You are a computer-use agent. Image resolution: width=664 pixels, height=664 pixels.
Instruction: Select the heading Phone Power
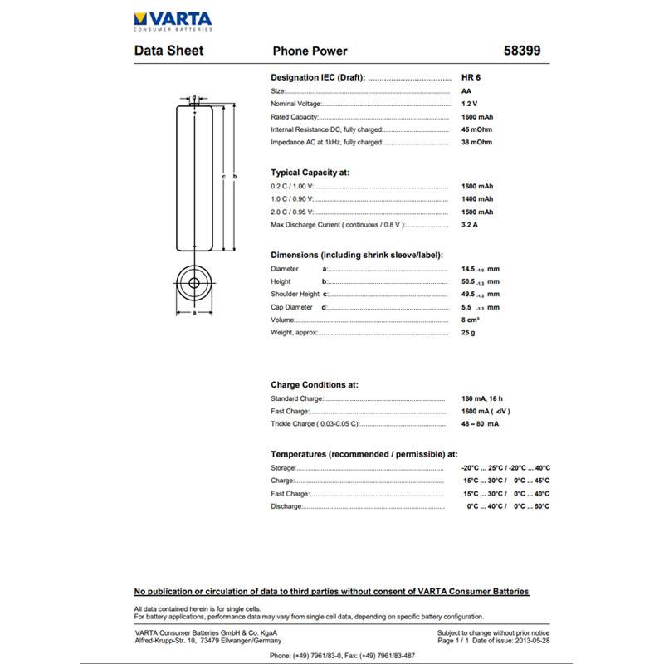[x=310, y=51]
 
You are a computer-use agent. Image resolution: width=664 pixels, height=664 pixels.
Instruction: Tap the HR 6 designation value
[x=471, y=77]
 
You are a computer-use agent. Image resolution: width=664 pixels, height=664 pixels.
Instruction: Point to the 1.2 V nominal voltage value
[x=469, y=104]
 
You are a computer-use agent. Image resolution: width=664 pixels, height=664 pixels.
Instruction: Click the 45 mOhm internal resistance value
[x=476, y=129]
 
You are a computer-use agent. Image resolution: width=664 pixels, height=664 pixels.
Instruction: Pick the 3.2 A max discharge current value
[x=469, y=225]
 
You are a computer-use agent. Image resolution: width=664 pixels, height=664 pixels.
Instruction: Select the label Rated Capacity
[x=294, y=117]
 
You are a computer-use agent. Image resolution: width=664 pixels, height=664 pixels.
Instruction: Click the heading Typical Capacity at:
[x=310, y=173]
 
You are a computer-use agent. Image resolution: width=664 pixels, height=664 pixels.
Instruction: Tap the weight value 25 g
[x=468, y=333]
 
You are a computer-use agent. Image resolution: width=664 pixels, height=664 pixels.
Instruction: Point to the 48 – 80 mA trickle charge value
[x=480, y=424]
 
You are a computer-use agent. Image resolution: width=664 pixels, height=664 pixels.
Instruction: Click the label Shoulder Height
[x=295, y=295]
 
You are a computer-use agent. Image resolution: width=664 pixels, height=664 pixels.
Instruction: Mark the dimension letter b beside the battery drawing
[x=235, y=177]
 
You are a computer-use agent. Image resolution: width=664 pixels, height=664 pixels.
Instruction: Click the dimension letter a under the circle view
[x=194, y=313]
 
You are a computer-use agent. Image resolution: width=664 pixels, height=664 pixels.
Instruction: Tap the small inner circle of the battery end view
[x=194, y=282]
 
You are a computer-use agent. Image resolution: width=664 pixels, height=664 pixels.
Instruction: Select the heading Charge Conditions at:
[x=315, y=385]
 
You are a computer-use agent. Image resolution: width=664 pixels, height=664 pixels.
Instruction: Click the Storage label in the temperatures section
[x=282, y=468]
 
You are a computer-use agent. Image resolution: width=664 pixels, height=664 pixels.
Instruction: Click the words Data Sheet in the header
[x=168, y=51]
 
